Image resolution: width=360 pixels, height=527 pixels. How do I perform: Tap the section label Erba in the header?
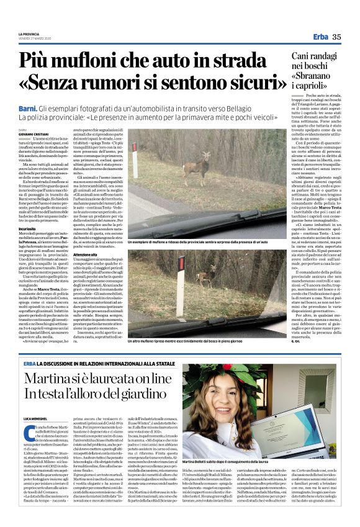(x=321, y=37)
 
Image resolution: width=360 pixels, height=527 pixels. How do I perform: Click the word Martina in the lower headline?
(x=52, y=378)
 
